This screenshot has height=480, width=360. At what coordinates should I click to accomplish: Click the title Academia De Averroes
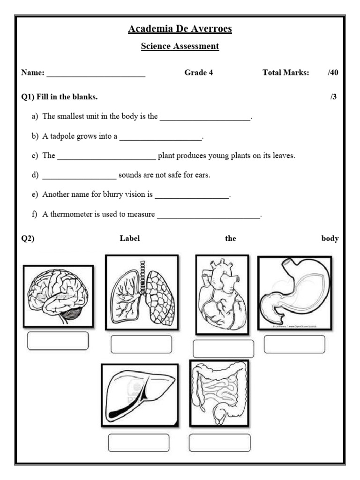click(180, 30)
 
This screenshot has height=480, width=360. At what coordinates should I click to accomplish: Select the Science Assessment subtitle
click(180, 46)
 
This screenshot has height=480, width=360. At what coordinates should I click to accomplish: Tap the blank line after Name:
click(96, 74)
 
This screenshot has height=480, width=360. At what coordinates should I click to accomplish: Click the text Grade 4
click(199, 73)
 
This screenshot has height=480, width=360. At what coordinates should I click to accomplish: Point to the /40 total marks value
click(333, 73)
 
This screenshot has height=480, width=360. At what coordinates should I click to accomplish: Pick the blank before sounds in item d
click(79, 176)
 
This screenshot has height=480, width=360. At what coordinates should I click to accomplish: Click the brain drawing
click(58, 296)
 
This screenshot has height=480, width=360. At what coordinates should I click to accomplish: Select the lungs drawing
click(142, 291)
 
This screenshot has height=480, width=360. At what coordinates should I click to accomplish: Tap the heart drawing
click(222, 295)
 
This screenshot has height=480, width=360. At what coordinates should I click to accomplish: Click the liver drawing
click(139, 395)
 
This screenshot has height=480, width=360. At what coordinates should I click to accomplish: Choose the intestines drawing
click(219, 393)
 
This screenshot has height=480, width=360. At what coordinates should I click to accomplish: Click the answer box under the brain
click(58, 341)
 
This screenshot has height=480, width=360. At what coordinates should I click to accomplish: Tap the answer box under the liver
click(138, 442)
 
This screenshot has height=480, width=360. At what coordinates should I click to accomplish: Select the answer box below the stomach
click(294, 344)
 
